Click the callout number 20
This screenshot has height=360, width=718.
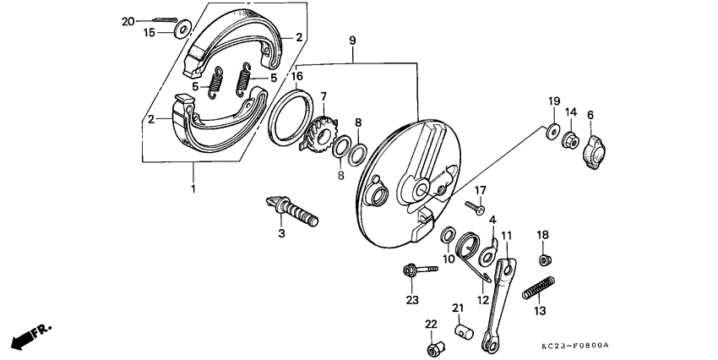(128, 20)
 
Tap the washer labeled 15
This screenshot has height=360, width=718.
(182, 32)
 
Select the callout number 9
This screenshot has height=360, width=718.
(351, 40)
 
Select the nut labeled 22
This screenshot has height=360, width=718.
(437, 346)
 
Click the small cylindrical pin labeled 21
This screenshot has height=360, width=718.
(463, 330)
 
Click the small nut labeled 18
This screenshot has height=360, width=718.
(545, 259)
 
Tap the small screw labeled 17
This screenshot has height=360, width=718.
(476, 205)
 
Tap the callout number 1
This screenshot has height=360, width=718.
(193, 188)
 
